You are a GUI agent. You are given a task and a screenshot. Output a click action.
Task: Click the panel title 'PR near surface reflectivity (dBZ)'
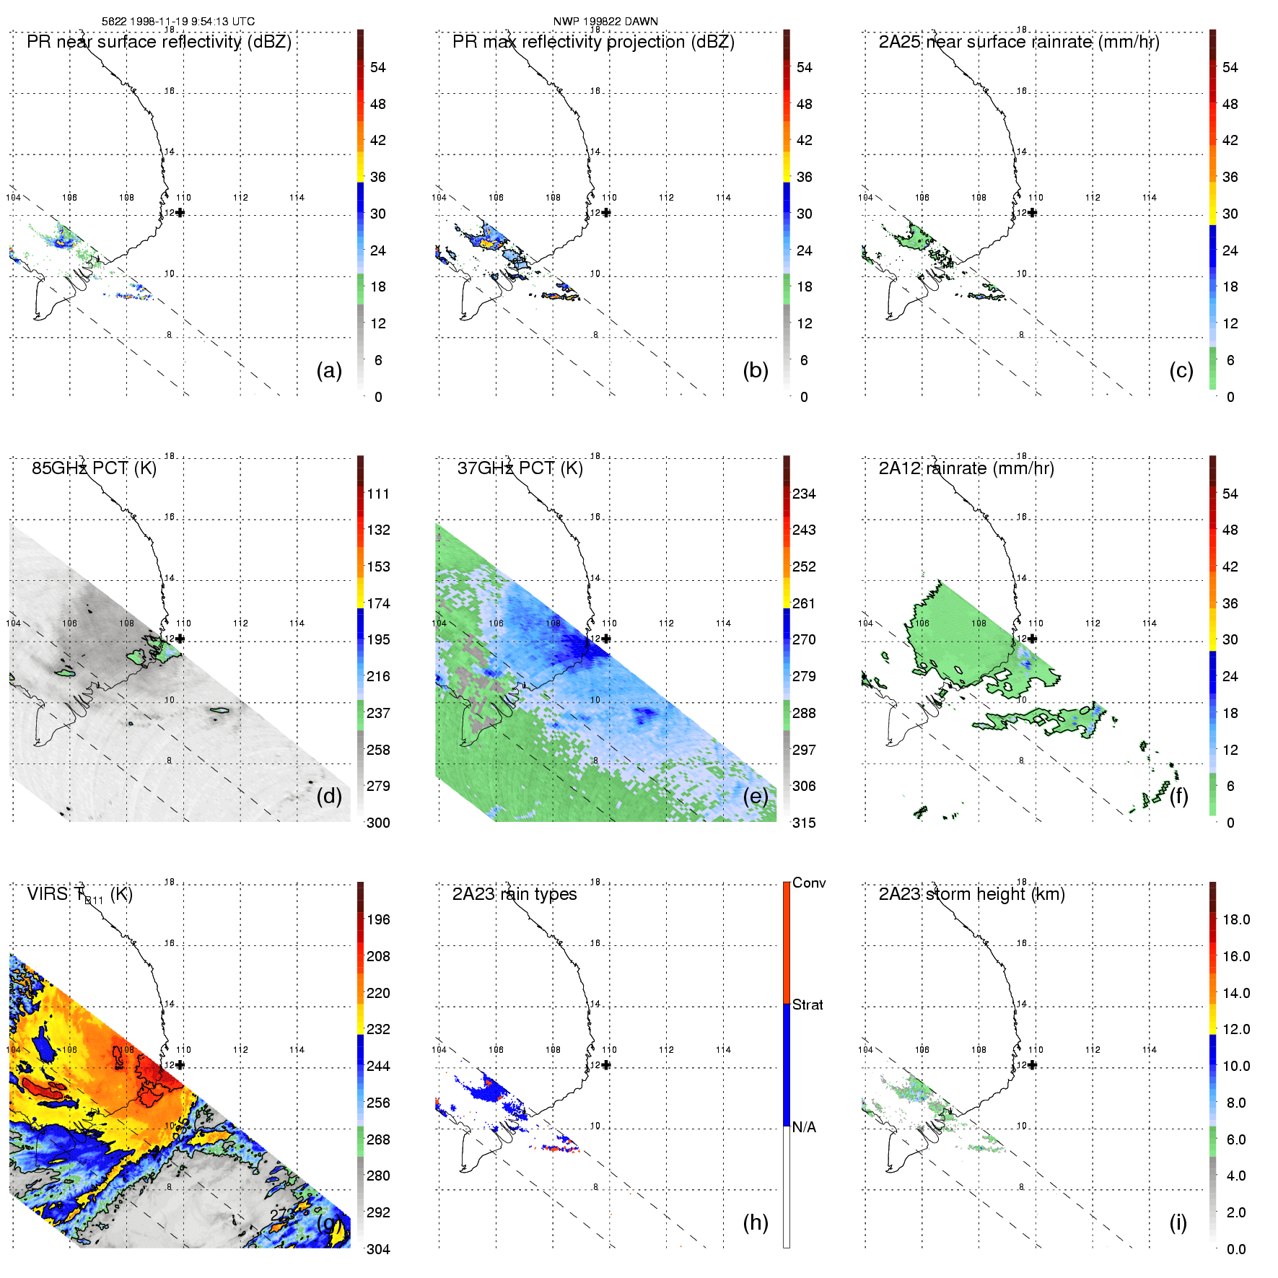click(159, 42)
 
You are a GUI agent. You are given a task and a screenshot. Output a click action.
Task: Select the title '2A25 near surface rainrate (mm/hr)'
click(1019, 42)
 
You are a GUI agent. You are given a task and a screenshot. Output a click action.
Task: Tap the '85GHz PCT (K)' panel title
click(94, 468)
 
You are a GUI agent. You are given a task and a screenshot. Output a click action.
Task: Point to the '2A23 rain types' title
click(515, 894)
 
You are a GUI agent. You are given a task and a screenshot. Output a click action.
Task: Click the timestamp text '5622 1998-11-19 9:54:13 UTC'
click(178, 22)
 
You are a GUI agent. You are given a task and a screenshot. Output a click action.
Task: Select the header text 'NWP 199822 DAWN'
click(605, 22)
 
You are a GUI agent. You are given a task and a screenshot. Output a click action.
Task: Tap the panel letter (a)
click(329, 370)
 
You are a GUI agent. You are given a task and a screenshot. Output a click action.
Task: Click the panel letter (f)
click(1178, 796)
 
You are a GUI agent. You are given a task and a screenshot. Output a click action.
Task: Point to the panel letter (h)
click(756, 1222)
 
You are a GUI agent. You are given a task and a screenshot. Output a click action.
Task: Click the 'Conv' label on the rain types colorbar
click(809, 883)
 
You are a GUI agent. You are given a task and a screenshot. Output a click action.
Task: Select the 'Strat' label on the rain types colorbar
click(807, 1005)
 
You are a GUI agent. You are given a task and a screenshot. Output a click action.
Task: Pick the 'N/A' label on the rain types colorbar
click(804, 1127)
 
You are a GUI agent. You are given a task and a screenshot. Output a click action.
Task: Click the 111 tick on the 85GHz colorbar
click(378, 494)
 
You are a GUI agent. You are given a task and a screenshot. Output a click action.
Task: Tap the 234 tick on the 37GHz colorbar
click(804, 494)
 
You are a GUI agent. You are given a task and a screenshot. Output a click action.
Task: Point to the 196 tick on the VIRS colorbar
click(378, 919)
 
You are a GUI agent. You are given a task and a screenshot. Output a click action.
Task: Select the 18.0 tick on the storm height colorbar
click(1236, 919)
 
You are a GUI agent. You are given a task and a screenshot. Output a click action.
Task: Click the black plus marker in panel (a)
click(180, 213)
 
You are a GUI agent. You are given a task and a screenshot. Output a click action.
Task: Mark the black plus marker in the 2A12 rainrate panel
click(1033, 639)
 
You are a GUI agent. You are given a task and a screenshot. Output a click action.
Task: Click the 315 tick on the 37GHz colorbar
click(804, 823)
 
